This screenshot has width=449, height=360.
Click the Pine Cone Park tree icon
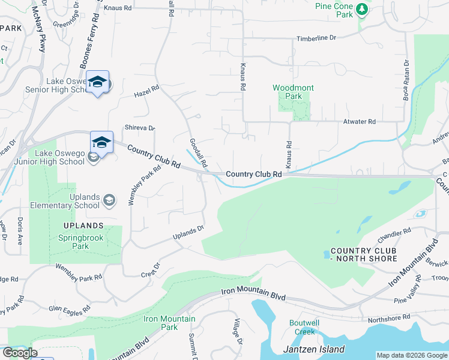[x=361, y=9]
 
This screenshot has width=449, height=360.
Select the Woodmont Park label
[x=293, y=92]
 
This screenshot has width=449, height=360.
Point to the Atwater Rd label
[x=359, y=122]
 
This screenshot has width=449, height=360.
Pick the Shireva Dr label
[x=139, y=128]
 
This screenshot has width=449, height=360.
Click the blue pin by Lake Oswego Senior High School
[x=97, y=83]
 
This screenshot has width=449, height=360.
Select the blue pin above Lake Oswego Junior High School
[x=101, y=143]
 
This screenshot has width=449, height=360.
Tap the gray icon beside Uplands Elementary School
[x=109, y=200]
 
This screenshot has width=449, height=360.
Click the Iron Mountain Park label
[x=161, y=323]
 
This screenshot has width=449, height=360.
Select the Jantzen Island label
[x=313, y=349]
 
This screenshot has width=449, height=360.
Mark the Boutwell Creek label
[x=304, y=327]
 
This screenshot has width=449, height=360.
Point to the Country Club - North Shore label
[x=364, y=254]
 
